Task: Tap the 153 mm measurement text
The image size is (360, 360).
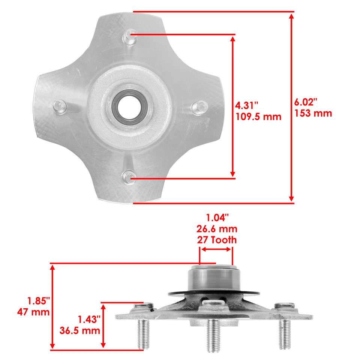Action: [x=313, y=113]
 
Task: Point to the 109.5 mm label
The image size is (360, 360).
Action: [x=258, y=116]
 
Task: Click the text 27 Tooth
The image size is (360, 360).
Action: [x=217, y=240]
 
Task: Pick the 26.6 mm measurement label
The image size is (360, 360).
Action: [x=217, y=229]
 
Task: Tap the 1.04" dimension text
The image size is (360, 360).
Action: [x=217, y=217]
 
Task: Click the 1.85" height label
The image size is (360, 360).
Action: [x=38, y=301]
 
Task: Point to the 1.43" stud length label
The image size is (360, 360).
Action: [x=89, y=319]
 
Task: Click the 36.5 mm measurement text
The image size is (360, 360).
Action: [x=80, y=330]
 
